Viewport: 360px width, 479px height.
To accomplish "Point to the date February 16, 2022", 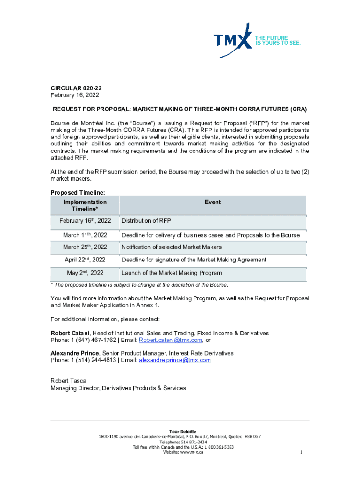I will pyautogui.click(x=72, y=95).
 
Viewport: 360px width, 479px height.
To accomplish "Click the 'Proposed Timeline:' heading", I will pyautogui.click(x=78, y=193).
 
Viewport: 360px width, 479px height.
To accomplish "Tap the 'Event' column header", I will pyautogui.click(x=213, y=202).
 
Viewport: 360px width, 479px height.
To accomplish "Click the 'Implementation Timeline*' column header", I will pyautogui.click(x=85, y=206).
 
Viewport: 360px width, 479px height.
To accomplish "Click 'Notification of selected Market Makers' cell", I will pyautogui.click(x=172, y=247).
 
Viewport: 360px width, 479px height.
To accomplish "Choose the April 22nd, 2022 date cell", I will pyautogui.click(x=85, y=260).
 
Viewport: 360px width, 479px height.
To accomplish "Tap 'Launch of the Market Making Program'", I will pyautogui.click(x=172, y=273).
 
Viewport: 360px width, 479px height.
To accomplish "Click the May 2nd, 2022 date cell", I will pyautogui.click(x=85, y=273).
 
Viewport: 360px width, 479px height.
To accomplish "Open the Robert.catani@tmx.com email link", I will pyautogui.click(x=171, y=340).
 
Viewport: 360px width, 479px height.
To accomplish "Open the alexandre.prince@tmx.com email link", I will pyautogui.click(x=175, y=360).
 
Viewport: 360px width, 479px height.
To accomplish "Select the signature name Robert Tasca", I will pyautogui.click(x=68, y=381).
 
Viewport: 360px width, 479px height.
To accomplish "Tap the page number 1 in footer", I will pyautogui.click(x=302, y=452).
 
